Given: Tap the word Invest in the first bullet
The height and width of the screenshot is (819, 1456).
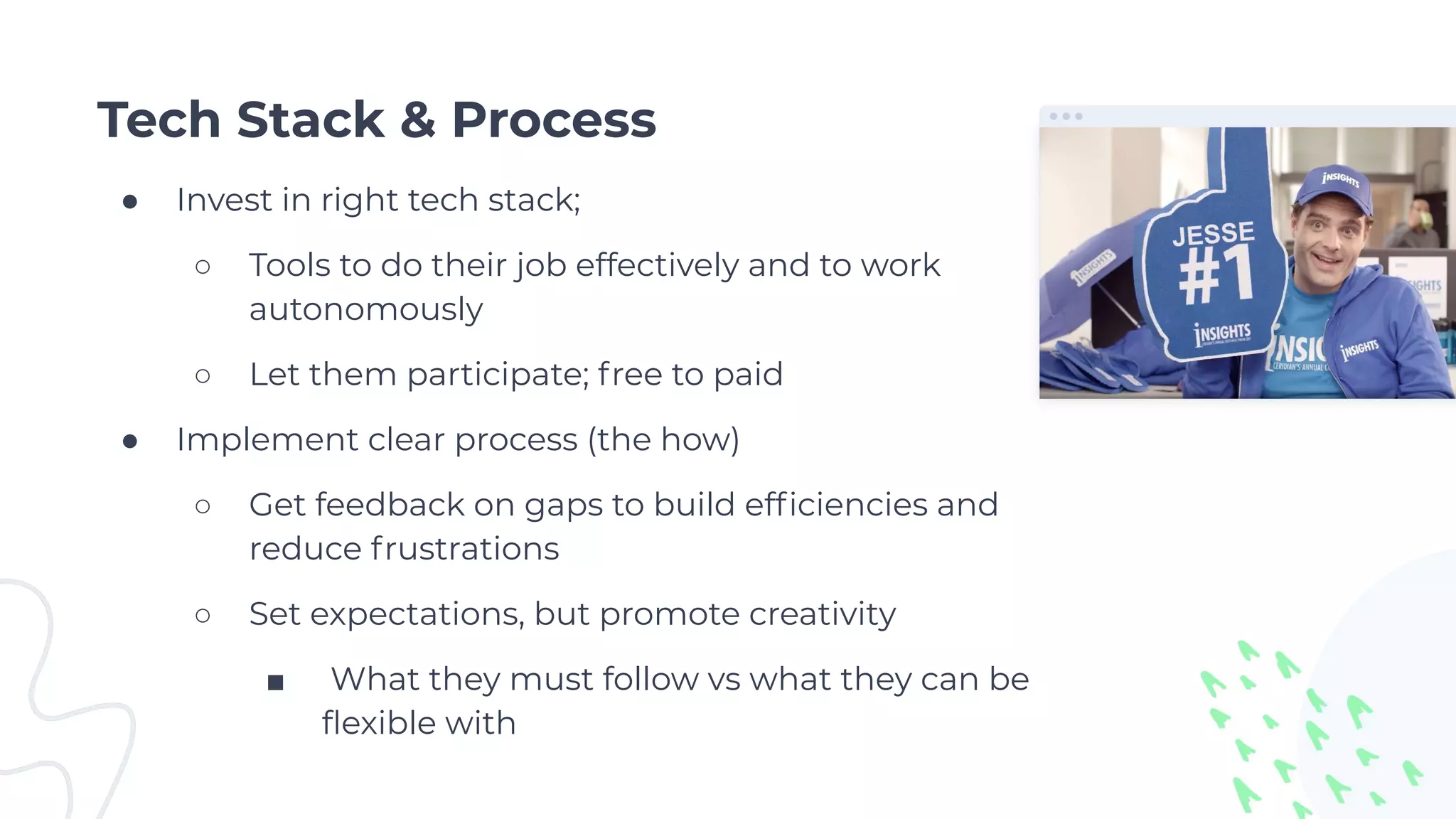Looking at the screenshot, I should coord(224,200).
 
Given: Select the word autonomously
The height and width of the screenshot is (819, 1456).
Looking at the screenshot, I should coord(365,310).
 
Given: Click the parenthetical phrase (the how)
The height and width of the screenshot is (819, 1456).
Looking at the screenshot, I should coord(663,440).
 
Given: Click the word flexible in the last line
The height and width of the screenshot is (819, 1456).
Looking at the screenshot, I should coord(378,724).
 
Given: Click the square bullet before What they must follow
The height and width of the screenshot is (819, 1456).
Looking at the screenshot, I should coord(276,683).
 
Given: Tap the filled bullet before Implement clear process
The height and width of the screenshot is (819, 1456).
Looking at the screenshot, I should coord(129,442).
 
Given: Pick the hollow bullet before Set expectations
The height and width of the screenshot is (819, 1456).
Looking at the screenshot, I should coord(203,616).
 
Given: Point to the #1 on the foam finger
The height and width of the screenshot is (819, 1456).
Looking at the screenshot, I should coord(1216,274).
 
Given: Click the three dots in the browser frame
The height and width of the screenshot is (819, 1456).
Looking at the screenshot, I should coord(1066,117).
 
